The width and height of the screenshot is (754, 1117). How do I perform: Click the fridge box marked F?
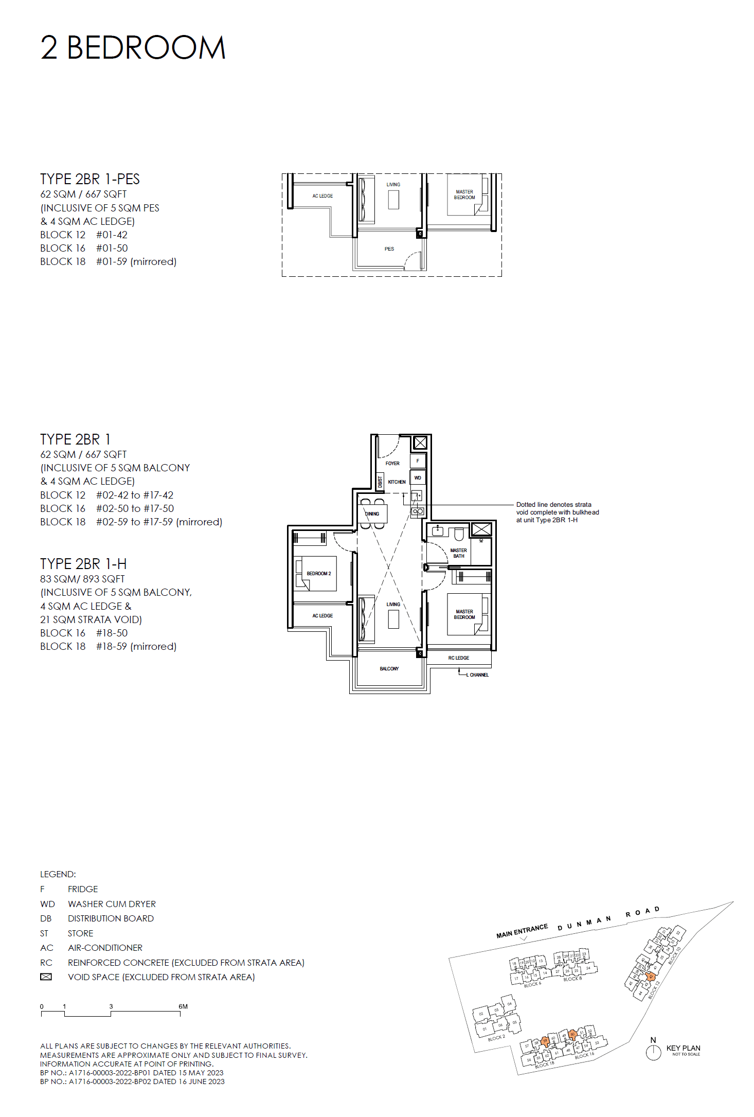coord(417,460)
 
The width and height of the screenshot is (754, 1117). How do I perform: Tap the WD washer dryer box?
coord(417,478)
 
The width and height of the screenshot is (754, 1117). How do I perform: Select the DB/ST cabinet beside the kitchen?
coord(380,482)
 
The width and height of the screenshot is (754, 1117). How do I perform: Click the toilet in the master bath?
coord(459,534)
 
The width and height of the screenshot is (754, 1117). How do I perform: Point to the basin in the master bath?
coord(438,531)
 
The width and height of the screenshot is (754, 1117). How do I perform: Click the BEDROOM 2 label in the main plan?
coord(319,573)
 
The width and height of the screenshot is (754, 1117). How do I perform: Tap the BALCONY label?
coord(389,669)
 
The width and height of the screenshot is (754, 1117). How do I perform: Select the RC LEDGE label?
coord(458,658)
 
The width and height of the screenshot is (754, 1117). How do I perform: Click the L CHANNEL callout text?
coord(479,675)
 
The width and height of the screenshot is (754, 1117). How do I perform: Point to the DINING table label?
coord(372,513)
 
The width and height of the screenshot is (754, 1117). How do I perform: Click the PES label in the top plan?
coord(389,249)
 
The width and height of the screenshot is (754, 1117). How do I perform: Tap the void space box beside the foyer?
coord(420,442)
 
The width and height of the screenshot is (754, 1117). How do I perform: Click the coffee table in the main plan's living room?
coord(393,619)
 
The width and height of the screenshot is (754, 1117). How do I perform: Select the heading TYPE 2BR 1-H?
coord(83,564)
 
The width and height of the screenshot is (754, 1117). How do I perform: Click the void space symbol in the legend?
coord(46,977)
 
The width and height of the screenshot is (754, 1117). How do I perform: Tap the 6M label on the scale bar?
coord(183,1006)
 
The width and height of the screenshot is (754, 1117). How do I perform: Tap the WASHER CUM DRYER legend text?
coord(112,904)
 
